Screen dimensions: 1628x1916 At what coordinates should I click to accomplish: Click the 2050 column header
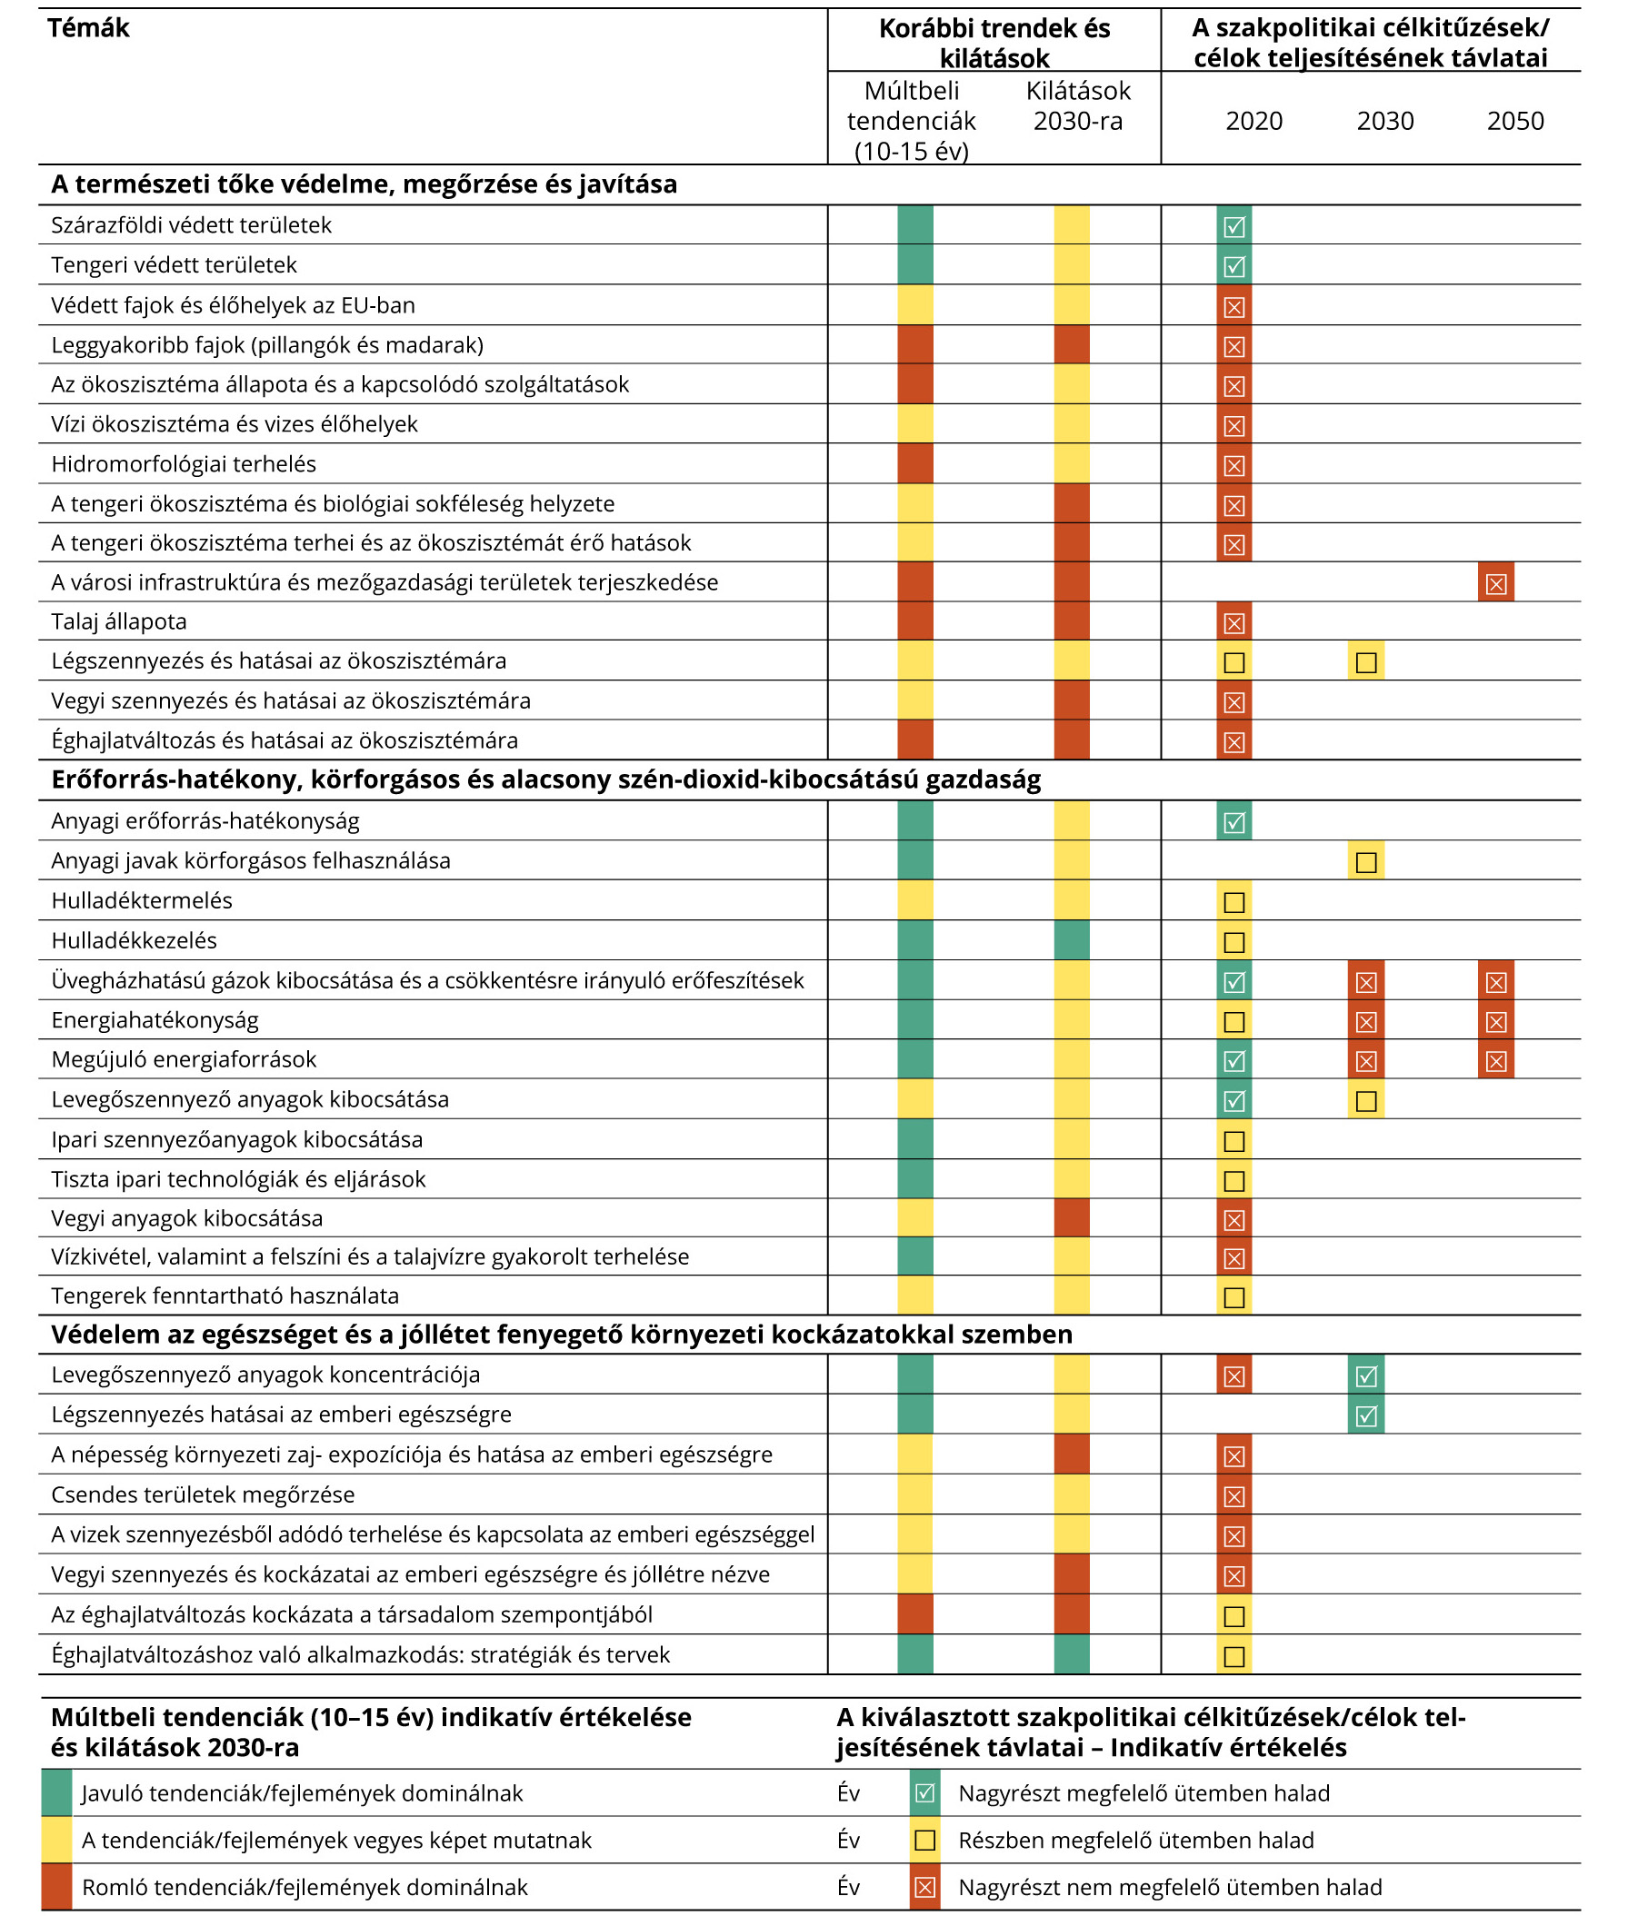pos(1514,121)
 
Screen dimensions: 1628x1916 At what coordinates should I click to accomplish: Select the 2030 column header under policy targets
pos(1384,121)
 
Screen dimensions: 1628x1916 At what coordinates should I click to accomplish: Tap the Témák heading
pos(88,28)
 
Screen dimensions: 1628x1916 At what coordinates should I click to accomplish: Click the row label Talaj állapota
pos(119,621)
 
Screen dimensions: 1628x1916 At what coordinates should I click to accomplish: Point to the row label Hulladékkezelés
pos(135,941)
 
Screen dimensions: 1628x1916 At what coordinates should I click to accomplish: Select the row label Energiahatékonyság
pos(155,1020)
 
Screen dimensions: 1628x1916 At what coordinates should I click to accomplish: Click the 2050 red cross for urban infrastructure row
pos(1496,583)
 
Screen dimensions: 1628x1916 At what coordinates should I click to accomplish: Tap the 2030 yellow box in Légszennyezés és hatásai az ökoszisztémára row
pos(1366,661)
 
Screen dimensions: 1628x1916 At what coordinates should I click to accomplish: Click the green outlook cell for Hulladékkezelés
pos(1072,941)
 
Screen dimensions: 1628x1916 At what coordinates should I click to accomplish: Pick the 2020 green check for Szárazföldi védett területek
pos(1233,225)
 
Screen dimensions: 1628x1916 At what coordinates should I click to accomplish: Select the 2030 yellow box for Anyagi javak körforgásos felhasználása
pos(1366,861)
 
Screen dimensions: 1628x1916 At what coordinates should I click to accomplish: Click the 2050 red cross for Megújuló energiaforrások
pos(1496,1060)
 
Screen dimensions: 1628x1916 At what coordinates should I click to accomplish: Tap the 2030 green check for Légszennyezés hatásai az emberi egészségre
pos(1366,1415)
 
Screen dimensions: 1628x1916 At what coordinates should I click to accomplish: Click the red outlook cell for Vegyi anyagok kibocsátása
pos(1072,1218)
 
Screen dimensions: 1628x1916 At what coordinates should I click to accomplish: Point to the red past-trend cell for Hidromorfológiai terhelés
pos(915,464)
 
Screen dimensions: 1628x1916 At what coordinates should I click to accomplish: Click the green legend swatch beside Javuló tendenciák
pos(56,1793)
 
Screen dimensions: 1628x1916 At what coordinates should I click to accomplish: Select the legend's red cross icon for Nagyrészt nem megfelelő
pos(924,1887)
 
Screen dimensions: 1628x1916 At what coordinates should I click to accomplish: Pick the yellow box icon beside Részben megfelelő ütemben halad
pos(924,1841)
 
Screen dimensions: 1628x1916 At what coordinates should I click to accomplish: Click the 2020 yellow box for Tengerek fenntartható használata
pos(1233,1297)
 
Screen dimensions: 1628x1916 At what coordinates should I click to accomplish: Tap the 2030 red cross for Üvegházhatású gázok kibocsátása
pos(1366,980)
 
